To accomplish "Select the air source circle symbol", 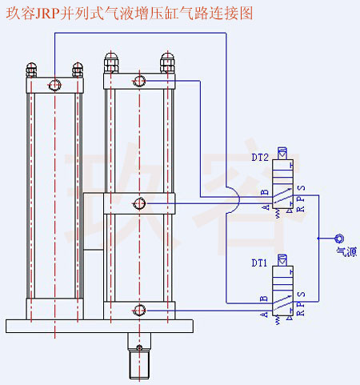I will point(339,239).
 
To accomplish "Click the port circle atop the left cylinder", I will point(55,85).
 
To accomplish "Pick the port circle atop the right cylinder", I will point(140,79).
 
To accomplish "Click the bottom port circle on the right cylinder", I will point(140,310).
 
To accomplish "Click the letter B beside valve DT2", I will point(263,191).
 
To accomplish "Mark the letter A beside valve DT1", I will point(263,314).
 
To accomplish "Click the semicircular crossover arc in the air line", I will point(232,199).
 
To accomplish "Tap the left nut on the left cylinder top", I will point(32,69).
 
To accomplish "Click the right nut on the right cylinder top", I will point(167,61).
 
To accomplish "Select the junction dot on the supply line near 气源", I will point(318,239).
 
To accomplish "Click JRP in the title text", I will point(49,14).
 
